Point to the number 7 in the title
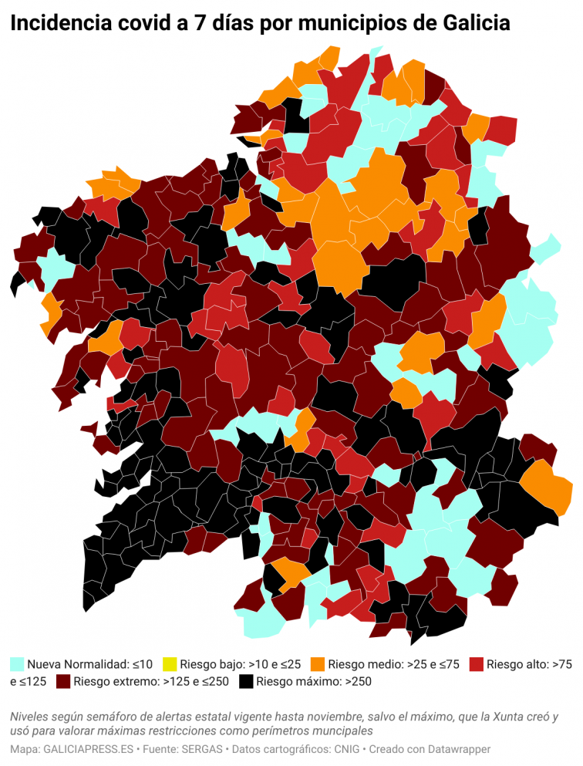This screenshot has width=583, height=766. (x=184, y=24)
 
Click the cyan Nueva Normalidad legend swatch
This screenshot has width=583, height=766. (x=17, y=663)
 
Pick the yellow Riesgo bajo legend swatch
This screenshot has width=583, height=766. (x=170, y=663)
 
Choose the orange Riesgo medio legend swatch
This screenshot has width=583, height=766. (x=318, y=663)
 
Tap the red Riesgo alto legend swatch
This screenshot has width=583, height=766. (x=477, y=663)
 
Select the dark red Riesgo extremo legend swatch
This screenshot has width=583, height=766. (x=63, y=681)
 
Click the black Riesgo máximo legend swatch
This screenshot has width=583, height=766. (x=246, y=681)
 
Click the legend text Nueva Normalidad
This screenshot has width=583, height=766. (x=78, y=663)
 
